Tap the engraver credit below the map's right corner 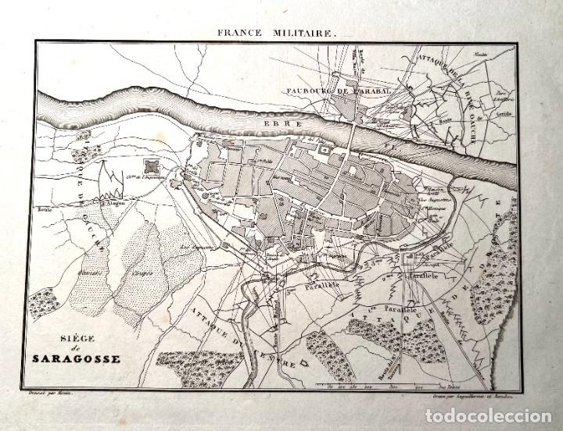tap(474, 396)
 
